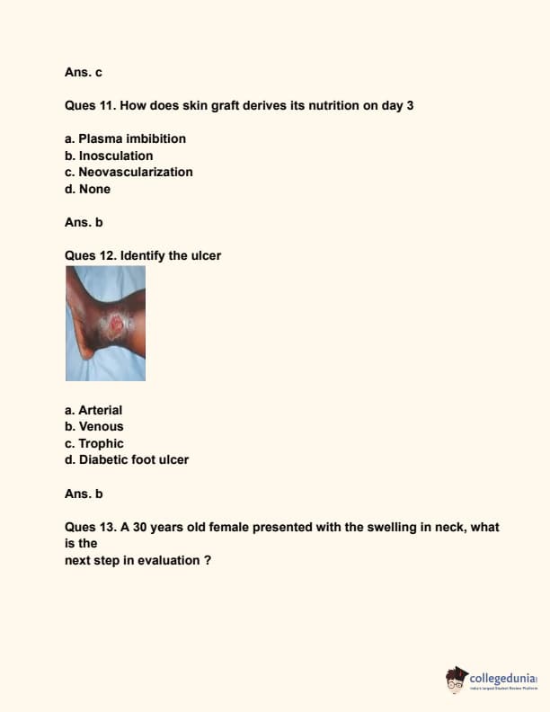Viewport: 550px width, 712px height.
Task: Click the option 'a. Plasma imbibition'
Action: [x=125, y=138]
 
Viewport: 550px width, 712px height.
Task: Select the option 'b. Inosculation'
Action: [x=109, y=156]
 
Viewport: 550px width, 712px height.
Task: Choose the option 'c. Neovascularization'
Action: [x=129, y=172]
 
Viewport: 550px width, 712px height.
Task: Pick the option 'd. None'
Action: [x=87, y=189]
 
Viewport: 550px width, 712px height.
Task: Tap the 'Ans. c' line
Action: [x=84, y=71]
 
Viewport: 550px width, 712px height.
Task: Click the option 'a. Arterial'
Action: [x=93, y=410]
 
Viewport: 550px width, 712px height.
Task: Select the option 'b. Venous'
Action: [x=94, y=426]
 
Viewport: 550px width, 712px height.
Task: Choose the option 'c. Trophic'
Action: [x=94, y=443]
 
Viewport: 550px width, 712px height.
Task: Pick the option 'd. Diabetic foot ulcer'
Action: [x=127, y=459]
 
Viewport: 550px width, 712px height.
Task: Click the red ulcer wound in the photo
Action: [x=115, y=325]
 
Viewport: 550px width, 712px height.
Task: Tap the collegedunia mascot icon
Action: [x=457, y=680]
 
